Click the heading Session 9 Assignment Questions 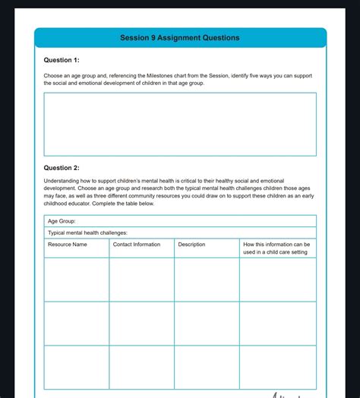180,38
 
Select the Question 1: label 62,60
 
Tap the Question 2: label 62,168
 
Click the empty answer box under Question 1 180,124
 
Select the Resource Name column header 68,245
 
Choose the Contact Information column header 137,245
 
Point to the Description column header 192,245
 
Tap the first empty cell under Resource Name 76,280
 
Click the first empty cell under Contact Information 141,280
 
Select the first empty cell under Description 207,280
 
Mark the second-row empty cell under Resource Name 76,323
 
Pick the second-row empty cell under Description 207,323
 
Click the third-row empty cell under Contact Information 141,367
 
